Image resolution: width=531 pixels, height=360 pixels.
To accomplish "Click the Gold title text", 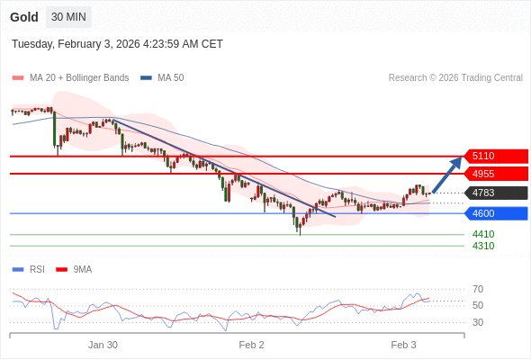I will pos(23,17).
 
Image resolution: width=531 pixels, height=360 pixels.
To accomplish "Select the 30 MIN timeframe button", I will pos(68,17).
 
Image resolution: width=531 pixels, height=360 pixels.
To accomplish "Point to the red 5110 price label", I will pos(494,156).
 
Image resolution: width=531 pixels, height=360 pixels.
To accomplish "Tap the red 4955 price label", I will pos(494,174).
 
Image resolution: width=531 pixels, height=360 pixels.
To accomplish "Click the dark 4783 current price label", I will pos(494,193).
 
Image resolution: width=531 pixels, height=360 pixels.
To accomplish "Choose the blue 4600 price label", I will pos(494,213).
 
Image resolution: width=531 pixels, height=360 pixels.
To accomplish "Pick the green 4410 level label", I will pos(483,234).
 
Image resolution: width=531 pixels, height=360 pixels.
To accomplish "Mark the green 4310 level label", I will pos(483,246).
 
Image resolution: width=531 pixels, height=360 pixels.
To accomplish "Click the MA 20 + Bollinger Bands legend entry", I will pos(78,78).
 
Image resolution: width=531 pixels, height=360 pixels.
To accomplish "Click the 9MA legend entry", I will pos(82,269).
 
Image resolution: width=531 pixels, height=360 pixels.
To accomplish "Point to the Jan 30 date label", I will pos(103,345).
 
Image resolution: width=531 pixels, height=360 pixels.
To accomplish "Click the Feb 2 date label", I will pos(251,345).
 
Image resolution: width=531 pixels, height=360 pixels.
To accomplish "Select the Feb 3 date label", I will pos(403,345).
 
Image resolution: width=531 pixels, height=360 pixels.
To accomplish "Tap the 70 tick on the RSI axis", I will pos(478,289).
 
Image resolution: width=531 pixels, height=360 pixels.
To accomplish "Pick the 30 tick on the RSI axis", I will pos(478,322).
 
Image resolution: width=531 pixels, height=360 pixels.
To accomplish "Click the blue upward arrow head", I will pos(458,163).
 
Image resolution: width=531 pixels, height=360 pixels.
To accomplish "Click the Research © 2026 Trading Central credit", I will pos(455,78).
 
